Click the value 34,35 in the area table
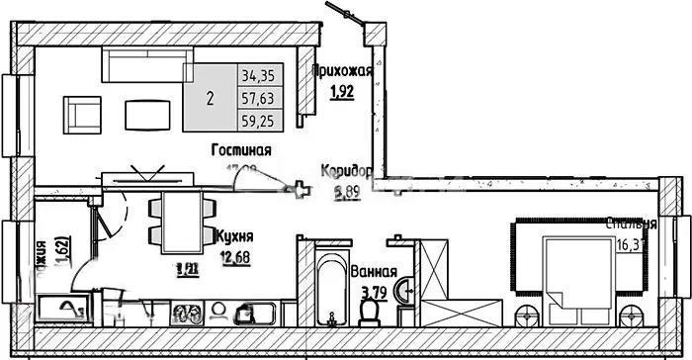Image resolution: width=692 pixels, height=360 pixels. click(259, 74)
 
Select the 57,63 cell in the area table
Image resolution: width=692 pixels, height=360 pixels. click(259, 98)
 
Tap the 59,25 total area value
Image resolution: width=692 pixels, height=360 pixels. click(259, 123)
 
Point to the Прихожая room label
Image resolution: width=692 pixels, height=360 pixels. click(341, 70)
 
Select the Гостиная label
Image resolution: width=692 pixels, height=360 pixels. click(241, 149)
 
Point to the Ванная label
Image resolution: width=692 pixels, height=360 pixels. click(374, 272)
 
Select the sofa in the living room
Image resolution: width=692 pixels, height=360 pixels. click(148, 67)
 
